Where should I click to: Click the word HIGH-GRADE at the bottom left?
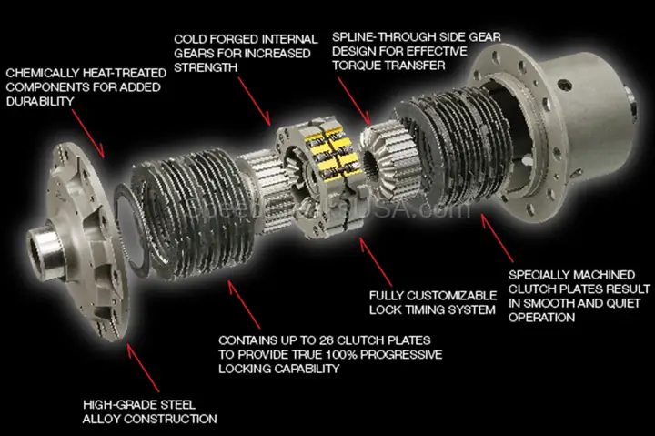tap(116, 403)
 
